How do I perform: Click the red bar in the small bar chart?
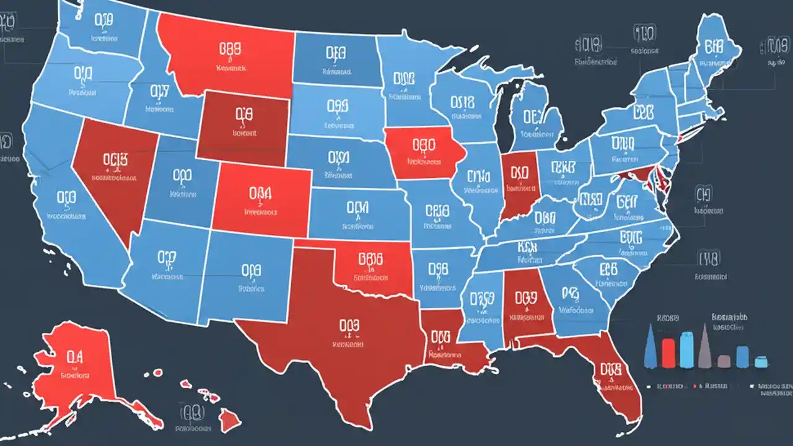point(668,352)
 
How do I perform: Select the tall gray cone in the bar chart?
point(704,348)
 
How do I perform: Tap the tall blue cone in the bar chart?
point(649,346)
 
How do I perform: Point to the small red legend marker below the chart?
point(695,386)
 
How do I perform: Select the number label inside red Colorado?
point(260,194)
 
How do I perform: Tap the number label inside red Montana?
point(230,48)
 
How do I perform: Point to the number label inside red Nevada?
point(113,159)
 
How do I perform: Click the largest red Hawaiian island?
point(230,421)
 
